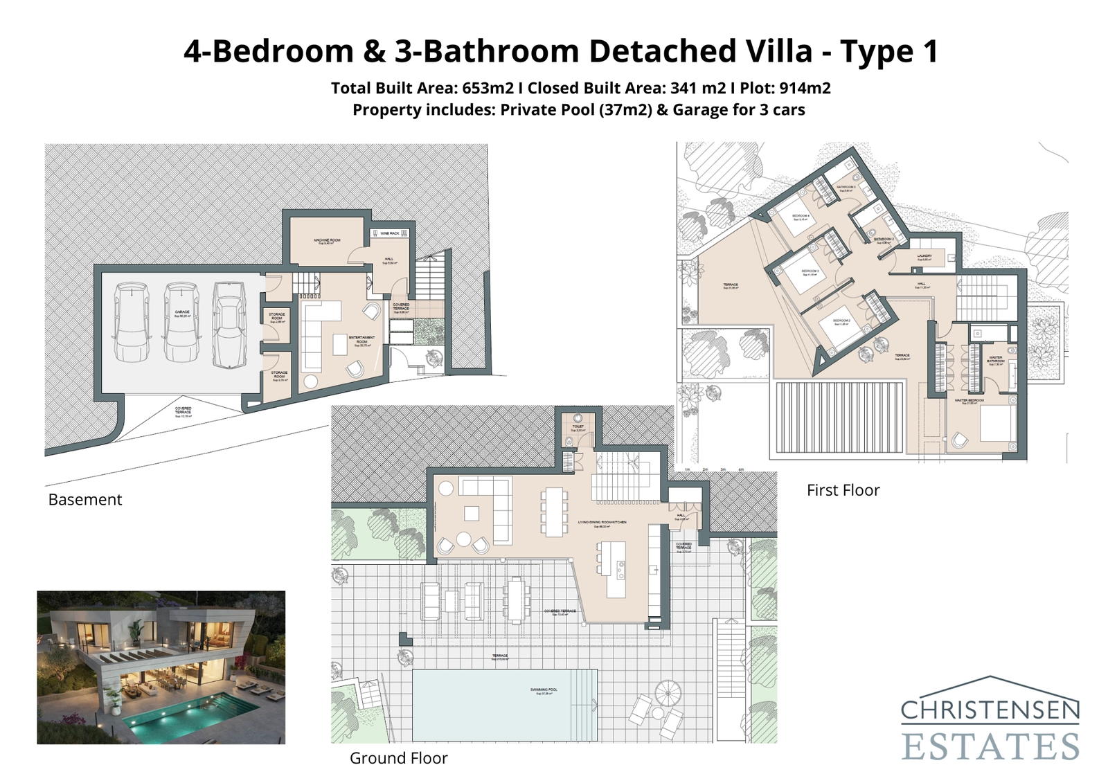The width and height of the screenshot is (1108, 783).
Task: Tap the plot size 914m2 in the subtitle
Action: (805, 88)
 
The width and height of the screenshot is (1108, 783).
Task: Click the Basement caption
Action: (84, 500)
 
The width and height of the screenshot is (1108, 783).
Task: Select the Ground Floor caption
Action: (398, 758)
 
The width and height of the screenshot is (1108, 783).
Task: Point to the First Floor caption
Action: (843, 490)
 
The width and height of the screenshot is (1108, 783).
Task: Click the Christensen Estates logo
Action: (990, 720)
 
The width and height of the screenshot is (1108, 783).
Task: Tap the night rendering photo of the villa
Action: (161, 667)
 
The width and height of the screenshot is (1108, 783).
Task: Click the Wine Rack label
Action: (390, 234)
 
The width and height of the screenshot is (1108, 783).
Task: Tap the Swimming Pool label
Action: (544, 690)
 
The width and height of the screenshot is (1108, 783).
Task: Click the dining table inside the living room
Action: (554, 512)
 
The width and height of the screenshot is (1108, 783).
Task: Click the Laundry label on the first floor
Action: (924, 256)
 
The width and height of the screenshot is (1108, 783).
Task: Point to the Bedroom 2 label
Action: (841, 321)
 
